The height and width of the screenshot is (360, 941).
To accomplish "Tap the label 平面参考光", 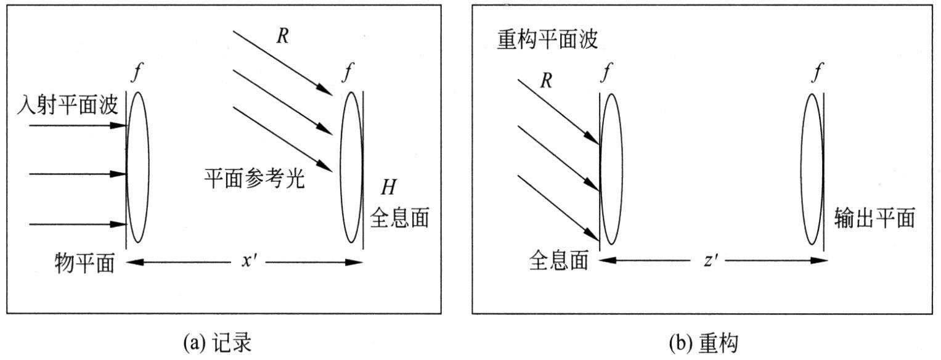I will [255, 178].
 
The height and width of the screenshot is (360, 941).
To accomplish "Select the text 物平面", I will [84, 263].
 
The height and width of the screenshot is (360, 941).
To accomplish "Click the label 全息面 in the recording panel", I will [399, 219].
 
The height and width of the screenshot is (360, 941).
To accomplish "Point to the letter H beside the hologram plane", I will [389, 186].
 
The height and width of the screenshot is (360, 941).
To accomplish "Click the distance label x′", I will [249, 261].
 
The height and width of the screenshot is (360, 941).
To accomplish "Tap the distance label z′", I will [712, 261].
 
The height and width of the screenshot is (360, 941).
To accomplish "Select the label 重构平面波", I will [547, 39].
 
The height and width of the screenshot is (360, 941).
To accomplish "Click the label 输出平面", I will [874, 218].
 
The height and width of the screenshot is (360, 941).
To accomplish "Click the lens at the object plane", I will [137, 167].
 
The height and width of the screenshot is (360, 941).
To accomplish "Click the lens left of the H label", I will [351, 167].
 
